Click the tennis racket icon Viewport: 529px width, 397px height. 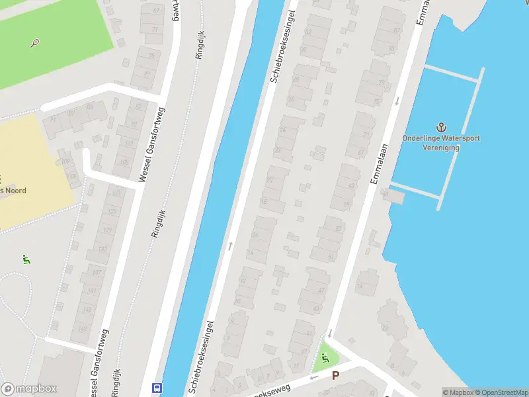point(34,44)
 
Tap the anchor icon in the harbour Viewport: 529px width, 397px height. point(441,127)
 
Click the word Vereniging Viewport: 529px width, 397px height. point(441,148)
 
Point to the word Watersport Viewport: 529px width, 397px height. point(460,138)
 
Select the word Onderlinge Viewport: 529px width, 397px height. point(421,138)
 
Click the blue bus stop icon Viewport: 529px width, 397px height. point(157,388)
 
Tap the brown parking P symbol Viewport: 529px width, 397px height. point(335,375)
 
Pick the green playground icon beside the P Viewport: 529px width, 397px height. point(324,358)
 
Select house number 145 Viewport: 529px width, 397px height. point(85,310)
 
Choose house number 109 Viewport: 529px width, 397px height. point(66,160)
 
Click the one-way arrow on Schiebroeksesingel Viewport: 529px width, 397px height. point(230,245)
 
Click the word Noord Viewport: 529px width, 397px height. point(15,191)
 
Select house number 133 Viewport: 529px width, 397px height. point(102,249)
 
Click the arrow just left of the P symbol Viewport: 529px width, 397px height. point(314,377)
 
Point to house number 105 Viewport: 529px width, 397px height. point(124,162)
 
